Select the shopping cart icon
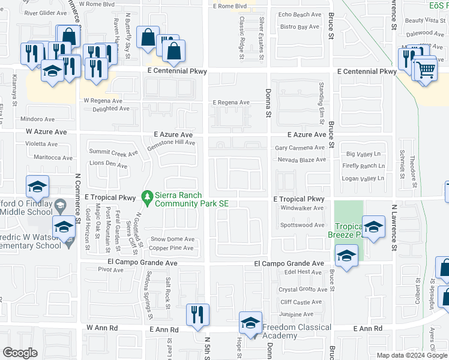pyautogui.click(x=426, y=70)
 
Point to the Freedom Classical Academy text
pyautogui.click(x=297, y=331)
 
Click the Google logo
pyautogui.click(x=20, y=353)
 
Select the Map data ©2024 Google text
pyautogui.click(x=411, y=355)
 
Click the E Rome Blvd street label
pyautogui.click(x=230, y=6)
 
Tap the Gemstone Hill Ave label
pyautogui.click(x=173, y=143)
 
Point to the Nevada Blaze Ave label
pyautogui.click(x=301, y=160)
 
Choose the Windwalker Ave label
pyautogui.click(x=302, y=208)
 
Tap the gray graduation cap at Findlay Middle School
pyautogui.click(x=60, y=206)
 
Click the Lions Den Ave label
pyautogui.click(x=108, y=165)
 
